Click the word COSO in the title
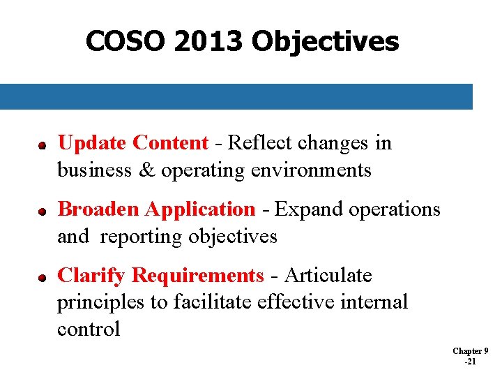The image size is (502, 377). [126, 42]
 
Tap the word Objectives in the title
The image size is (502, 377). [325, 42]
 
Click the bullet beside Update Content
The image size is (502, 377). [42, 145]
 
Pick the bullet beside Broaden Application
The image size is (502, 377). [42, 211]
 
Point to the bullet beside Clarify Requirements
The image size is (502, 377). [42, 277]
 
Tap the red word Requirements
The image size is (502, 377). [198, 276]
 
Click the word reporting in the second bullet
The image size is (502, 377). [142, 237]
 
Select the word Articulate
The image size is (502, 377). [328, 276]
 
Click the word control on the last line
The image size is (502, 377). [89, 329]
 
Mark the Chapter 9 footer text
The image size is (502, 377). [471, 350]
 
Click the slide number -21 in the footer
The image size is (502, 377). [471, 362]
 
